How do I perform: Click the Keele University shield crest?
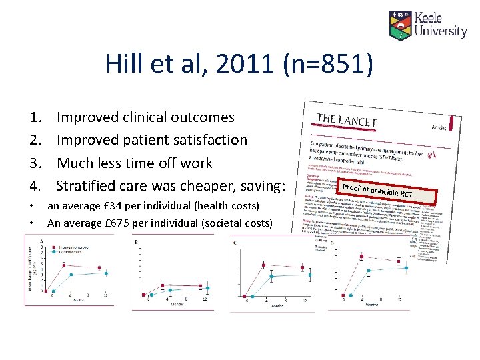point(401,24)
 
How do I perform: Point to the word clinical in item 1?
point(145,117)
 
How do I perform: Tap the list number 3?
point(35,163)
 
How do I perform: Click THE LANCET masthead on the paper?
point(347,121)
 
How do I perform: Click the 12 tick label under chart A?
point(106,294)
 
